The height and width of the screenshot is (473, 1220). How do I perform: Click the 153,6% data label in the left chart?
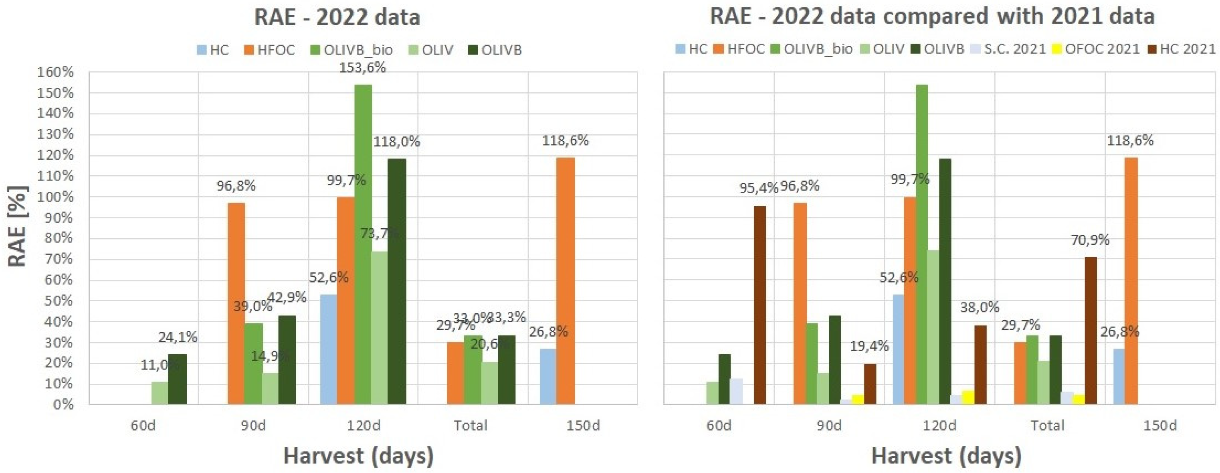pos(362,67)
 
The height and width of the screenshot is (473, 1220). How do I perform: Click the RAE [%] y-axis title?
pos(18,226)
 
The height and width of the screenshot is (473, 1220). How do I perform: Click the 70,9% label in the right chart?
pos(1090,240)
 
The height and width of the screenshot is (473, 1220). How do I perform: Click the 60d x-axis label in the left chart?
pos(143,426)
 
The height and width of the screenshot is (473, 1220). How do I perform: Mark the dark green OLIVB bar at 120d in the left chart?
pos(397,281)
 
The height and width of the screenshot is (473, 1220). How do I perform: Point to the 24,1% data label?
pos(178,337)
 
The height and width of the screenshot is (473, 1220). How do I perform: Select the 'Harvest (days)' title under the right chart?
pos(946,455)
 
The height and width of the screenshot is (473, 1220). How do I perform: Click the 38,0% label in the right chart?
pos(980,307)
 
